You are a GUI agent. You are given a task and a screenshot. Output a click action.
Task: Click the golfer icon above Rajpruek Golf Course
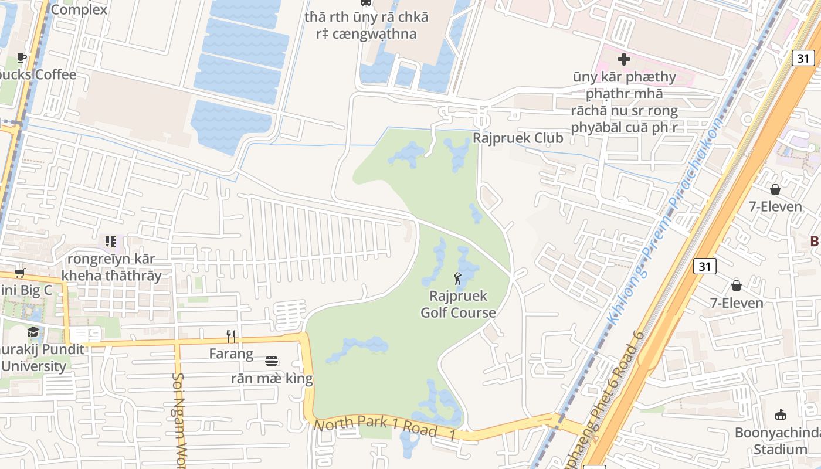click(x=457, y=278)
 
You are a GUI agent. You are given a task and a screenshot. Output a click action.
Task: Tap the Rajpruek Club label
click(x=518, y=138)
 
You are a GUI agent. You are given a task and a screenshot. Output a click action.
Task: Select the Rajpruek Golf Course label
click(x=458, y=304)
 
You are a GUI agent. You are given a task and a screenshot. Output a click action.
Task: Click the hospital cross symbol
click(x=624, y=59)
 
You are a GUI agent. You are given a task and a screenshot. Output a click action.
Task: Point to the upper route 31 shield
click(x=803, y=57)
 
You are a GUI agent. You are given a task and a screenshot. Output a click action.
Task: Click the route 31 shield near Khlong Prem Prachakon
click(x=704, y=267)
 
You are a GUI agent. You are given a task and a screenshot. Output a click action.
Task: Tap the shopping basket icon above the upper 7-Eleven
click(x=775, y=189)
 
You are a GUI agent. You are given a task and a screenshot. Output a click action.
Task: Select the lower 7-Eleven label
click(x=737, y=303)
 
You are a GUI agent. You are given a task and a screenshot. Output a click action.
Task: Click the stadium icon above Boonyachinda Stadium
click(x=781, y=415)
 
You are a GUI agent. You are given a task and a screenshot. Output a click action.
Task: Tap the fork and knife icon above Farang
click(x=232, y=336)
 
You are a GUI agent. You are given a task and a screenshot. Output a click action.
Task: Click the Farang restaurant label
click(x=232, y=354)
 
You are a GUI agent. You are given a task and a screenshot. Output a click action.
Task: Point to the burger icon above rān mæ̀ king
click(x=272, y=361)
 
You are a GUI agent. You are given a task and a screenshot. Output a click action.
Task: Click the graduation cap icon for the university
click(x=33, y=332)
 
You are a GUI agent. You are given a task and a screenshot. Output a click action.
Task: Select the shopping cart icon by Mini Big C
click(x=20, y=273)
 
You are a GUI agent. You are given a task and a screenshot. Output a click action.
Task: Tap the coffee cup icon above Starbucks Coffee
click(x=22, y=57)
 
